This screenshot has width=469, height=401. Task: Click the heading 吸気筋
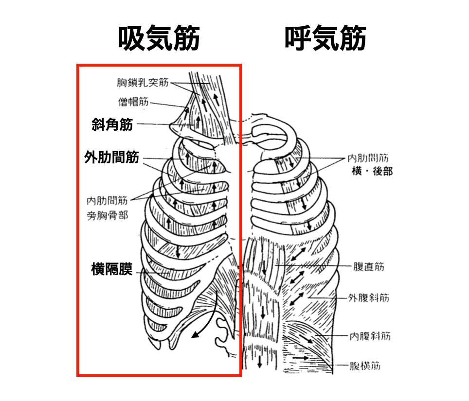(159, 39)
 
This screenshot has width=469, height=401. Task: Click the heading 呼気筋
(325, 39)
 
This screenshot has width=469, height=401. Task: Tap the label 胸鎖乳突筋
(143, 83)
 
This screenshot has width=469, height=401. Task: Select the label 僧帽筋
(133, 102)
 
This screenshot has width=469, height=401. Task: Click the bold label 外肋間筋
(111, 157)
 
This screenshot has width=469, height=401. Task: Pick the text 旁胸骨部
(108, 214)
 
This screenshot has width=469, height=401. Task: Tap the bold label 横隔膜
(112, 269)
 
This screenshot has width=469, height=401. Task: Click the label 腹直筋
(370, 266)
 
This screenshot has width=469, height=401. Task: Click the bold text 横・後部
(372, 171)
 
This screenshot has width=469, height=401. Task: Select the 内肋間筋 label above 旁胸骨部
(108, 200)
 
